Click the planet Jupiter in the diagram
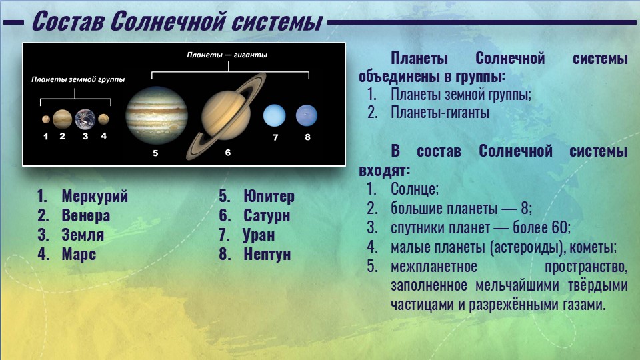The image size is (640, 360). pyautogui.click(x=157, y=115)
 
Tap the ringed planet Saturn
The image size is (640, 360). pyautogui.click(x=226, y=116)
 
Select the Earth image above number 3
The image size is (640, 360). pyautogui.click(x=85, y=119)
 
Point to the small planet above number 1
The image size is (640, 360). pyautogui.click(x=46, y=119)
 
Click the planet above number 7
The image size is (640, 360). pyautogui.click(x=274, y=115)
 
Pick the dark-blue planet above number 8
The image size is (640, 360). pyautogui.click(x=307, y=115)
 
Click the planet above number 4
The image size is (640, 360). pyautogui.click(x=103, y=119)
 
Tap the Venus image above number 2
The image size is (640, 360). pyautogui.click(x=62, y=119)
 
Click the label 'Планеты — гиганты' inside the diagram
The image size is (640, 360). pyautogui.click(x=227, y=55)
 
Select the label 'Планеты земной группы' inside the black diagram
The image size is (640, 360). pyautogui.click(x=78, y=79)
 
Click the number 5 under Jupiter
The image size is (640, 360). pyautogui.click(x=155, y=153)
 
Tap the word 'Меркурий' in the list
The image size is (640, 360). pyautogui.click(x=95, y=196)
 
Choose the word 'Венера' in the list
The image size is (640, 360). pyautogui.click(x=86, y=215)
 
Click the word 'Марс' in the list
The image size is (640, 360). pyautogui.click(x=79, y=254)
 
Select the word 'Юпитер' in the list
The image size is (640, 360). pyautogui.click(x=269, y=196)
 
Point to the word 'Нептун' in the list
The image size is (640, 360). pyautogui.click(x=267, y=254)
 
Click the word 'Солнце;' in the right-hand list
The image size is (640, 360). pyautogui.click(x=415, y=189)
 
